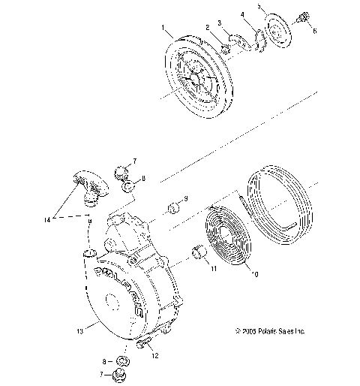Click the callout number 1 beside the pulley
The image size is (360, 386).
pos(163,28)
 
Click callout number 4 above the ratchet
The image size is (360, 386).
pos(242,14)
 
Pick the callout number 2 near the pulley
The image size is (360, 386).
pos(207,28)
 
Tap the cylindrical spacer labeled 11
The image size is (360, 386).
pos(197,254)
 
